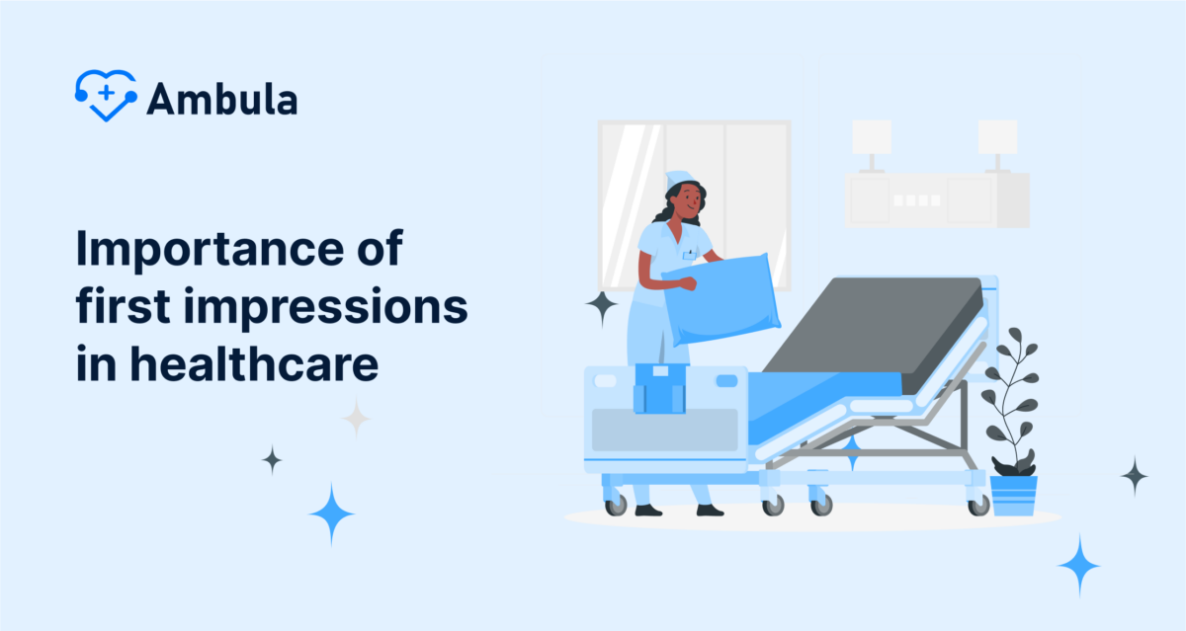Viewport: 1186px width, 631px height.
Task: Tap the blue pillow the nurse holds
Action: tap(720, 297)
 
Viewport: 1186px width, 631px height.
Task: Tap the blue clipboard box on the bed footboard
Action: tap(659, 387)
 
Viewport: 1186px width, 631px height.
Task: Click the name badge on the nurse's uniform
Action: tap(689, 254)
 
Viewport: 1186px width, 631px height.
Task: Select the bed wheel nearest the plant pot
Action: tap(978, 505)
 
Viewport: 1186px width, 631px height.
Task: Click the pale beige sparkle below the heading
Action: tap(356, 418)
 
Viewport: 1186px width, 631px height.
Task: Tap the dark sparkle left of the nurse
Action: tap(601, 307)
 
